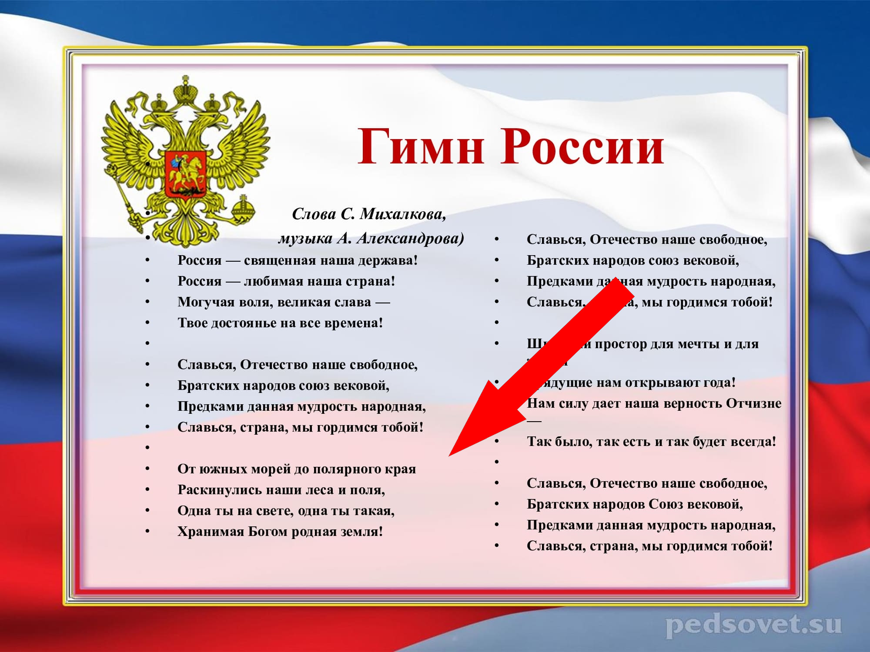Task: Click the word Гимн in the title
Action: point(420,147)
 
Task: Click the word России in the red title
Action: point(583,147)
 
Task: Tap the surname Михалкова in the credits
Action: point(402,214)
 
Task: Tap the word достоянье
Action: point(242,323)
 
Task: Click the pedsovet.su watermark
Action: point(753,625)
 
